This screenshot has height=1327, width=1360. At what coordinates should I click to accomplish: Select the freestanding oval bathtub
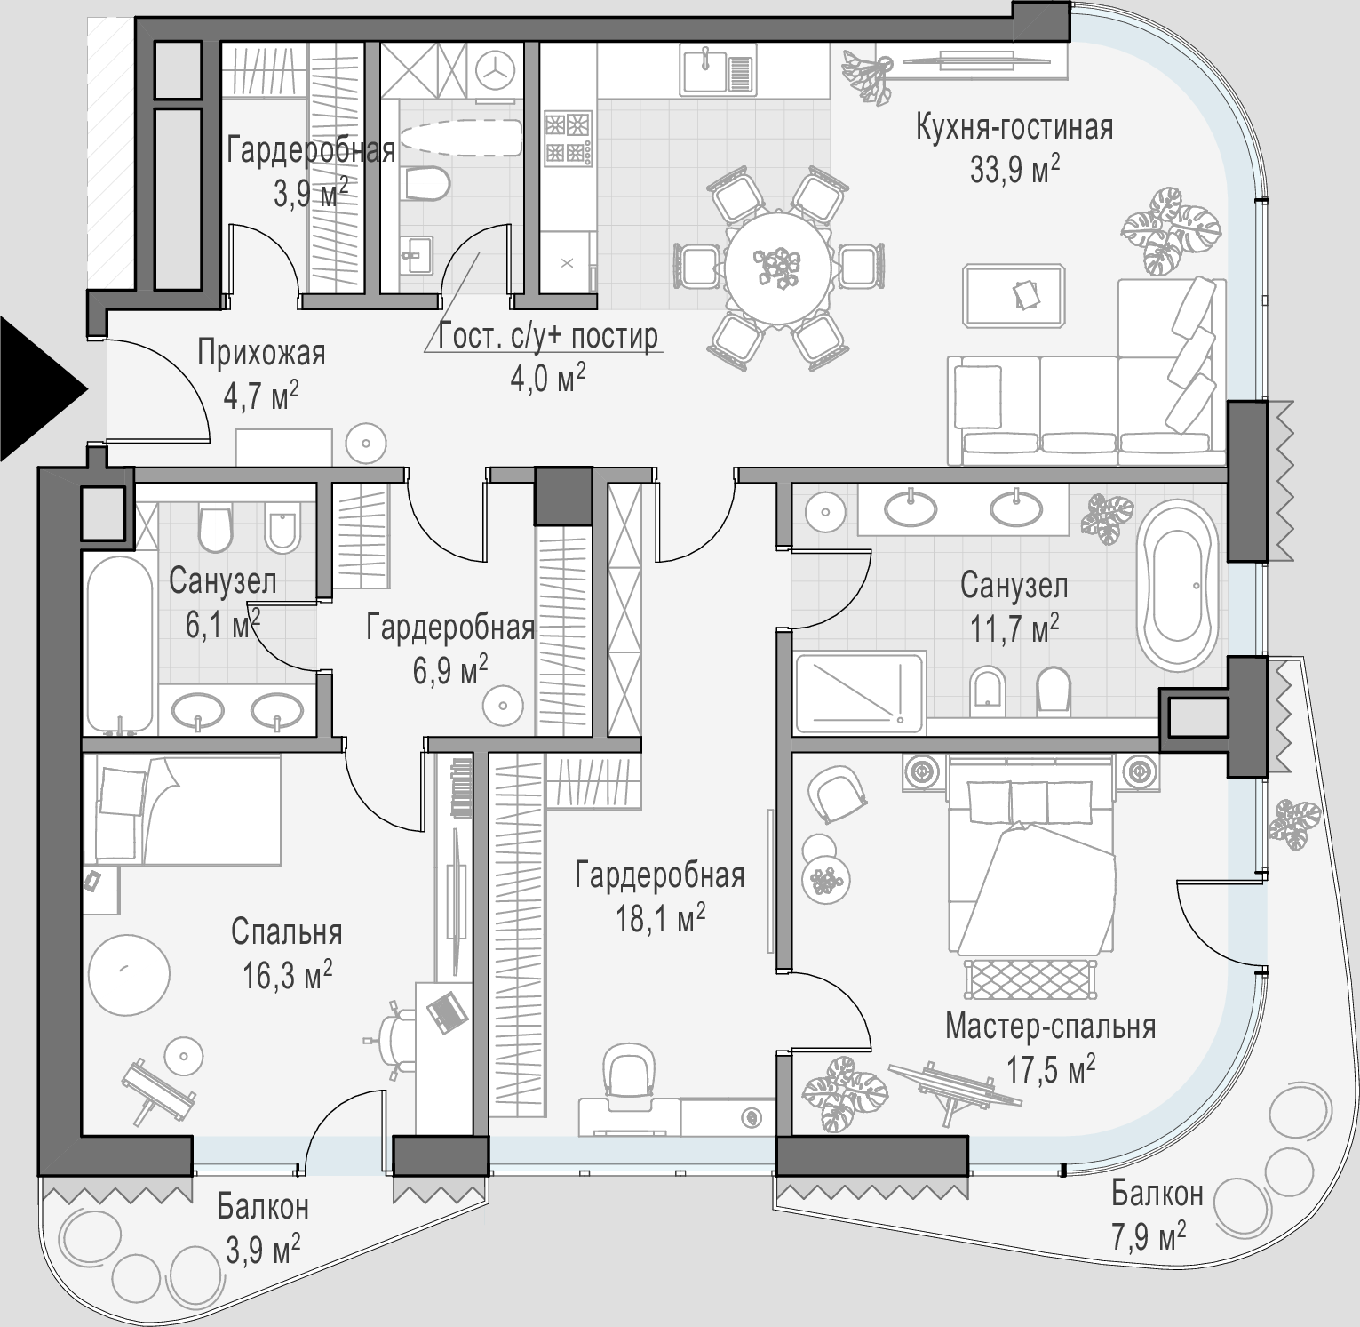point(1179,587)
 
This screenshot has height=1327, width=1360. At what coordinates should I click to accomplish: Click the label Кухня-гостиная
point(1014,127)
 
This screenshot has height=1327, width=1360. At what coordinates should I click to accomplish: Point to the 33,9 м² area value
point(1015,169)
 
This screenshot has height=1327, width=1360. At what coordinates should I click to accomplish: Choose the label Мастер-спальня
point(1050,1027)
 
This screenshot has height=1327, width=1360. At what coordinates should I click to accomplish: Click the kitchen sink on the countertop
point(718,70)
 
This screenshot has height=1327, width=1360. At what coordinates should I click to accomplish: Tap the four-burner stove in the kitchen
point(568,139)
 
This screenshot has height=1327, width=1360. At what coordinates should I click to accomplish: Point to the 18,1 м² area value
point(661,919)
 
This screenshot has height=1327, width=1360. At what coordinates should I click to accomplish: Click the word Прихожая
point(261,353)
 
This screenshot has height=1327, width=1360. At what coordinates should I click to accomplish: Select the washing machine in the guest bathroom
point(494,70)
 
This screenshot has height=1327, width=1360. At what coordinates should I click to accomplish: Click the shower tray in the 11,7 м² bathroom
point(860,693)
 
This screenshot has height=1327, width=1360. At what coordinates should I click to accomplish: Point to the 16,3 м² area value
point(287,977)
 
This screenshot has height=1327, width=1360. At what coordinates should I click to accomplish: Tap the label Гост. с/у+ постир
point(549,337)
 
